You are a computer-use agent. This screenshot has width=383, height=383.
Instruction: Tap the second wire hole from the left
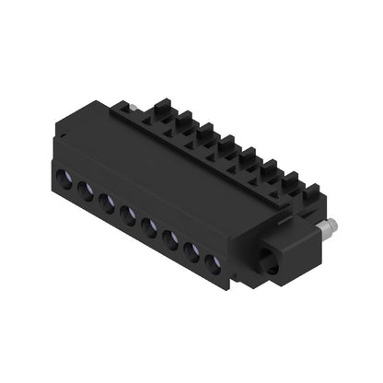[x=86, y=191]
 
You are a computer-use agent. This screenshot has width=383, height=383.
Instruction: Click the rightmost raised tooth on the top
[x=310, y=191]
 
